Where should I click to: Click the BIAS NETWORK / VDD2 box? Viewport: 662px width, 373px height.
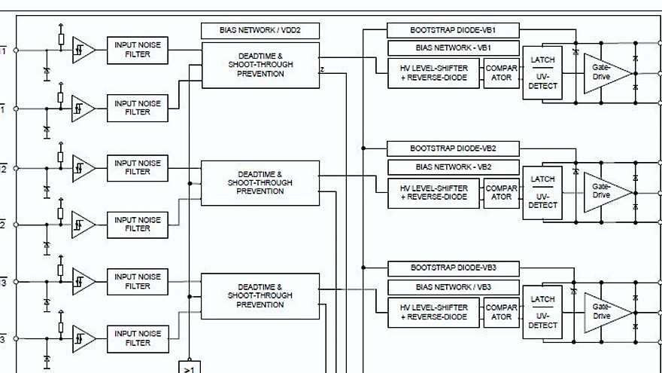pos(260,31)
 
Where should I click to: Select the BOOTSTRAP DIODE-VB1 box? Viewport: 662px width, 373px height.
pos(453,31)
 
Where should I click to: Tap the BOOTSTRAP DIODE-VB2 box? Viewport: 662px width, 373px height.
pos(453,148)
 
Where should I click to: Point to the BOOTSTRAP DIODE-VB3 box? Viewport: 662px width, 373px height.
pos(453,268)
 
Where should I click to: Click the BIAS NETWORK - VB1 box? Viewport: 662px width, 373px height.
pos(453,48)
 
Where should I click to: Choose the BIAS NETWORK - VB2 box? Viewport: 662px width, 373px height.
pos(453,167)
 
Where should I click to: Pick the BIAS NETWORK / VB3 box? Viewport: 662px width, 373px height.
pos(453,287)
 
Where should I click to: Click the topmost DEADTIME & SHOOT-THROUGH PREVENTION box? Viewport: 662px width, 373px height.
pos(260,65)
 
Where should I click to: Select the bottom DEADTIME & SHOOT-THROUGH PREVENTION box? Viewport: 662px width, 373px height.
pos(260,296)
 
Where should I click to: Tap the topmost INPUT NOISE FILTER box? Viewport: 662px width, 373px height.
pos(138,50)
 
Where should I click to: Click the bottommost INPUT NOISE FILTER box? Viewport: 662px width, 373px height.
pos(138,338)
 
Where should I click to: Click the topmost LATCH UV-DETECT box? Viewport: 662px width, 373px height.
pos(542,73)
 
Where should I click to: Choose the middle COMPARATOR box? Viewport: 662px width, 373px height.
pos(501,193)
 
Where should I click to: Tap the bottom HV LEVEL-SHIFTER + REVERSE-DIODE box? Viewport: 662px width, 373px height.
pos(433,312)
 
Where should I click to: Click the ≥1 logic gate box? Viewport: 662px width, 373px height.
pos(189,367)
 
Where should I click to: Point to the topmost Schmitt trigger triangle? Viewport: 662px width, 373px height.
pos(83,50)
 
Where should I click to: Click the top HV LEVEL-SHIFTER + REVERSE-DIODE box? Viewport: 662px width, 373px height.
pos(433,73)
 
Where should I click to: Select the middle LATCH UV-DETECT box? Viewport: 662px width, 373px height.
pos(542,193)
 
